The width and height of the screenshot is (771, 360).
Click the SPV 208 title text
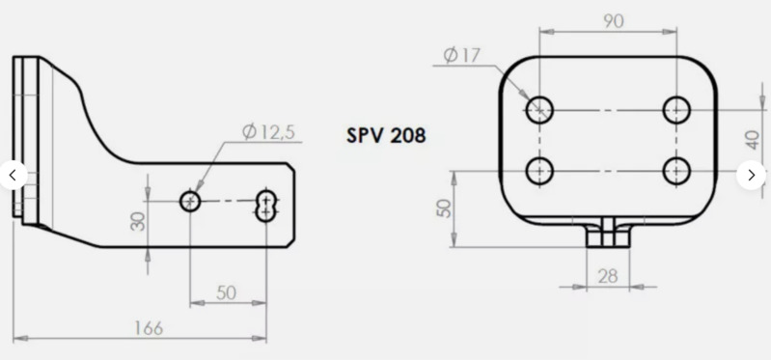[386, 135]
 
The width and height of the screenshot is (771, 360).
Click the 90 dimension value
[611, 20]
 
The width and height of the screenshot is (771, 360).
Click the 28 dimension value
[607, 276]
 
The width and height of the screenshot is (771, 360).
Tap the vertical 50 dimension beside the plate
[444, 209]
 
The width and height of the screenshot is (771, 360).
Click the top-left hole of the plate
[539, 109]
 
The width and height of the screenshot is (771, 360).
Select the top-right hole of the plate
[676, 109]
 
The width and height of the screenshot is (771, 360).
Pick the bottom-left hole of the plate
[539, 172]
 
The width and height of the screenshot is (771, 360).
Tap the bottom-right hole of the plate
[676, 172]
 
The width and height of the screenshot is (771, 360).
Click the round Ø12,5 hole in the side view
[190, 202]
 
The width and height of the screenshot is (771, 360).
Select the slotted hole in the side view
[267, 203]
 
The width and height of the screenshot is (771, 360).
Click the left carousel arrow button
[13, 176]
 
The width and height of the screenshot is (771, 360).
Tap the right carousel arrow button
[751, 176]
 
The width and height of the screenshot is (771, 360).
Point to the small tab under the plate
[607, 235]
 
